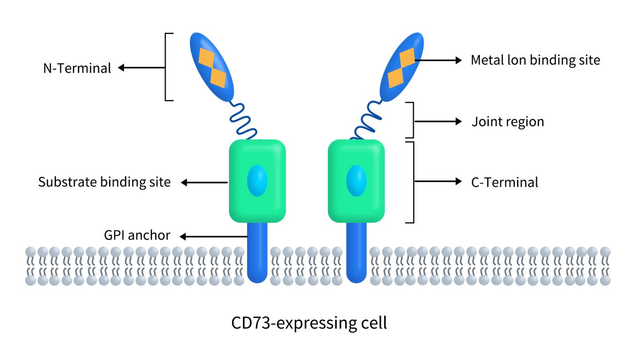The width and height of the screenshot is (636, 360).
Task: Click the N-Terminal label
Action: click(77, 69)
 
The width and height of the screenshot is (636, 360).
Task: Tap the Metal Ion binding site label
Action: click(535, 60)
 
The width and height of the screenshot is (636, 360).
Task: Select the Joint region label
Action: click(507, 122)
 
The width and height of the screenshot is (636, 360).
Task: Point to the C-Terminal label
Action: click(505, 182)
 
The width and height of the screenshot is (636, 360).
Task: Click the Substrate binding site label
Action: click(104, 182)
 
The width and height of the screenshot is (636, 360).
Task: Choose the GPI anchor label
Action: click(136, 235)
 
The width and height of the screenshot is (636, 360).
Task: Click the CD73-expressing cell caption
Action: click(309, 323)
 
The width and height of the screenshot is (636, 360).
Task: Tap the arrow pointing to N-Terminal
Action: click(141, 68)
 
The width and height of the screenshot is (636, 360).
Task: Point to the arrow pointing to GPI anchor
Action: click(214, 236)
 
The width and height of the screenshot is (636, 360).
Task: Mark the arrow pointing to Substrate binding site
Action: click(204, 183)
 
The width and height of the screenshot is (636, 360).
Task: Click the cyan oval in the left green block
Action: click(257, 181)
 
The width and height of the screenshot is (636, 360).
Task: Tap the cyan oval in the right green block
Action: click(356, 181)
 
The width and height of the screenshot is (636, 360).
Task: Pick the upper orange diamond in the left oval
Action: click(207, 56)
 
